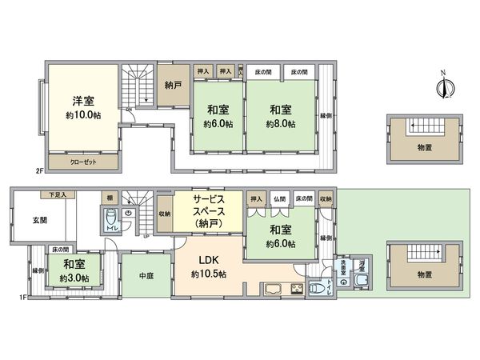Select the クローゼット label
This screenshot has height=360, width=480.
[x=84, y=161]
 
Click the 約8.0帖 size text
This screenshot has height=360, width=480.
[x=282, y=124]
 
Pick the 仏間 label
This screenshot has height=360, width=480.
[x=278, y=198]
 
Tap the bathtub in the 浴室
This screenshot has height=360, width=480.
[x=362, y=279]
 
